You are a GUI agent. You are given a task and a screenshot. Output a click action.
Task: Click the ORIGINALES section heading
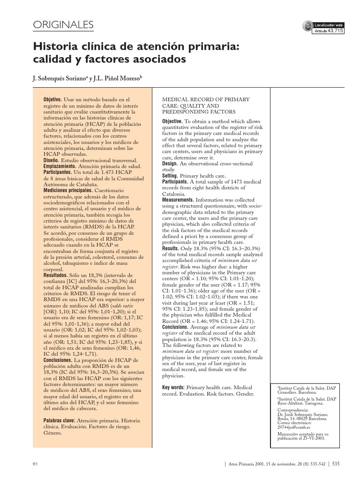point(63,25)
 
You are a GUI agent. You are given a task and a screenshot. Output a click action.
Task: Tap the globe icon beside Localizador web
point(307,27)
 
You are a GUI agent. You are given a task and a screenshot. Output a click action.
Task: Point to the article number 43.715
point(335,31)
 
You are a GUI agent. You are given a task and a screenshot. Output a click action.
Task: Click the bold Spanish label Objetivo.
point(52,100)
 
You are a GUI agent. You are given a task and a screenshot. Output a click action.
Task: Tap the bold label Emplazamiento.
point(60,166)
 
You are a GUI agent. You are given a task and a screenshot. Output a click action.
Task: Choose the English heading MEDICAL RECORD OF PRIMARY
point(206,100)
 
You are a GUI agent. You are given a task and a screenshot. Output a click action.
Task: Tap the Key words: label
point(173,388)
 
